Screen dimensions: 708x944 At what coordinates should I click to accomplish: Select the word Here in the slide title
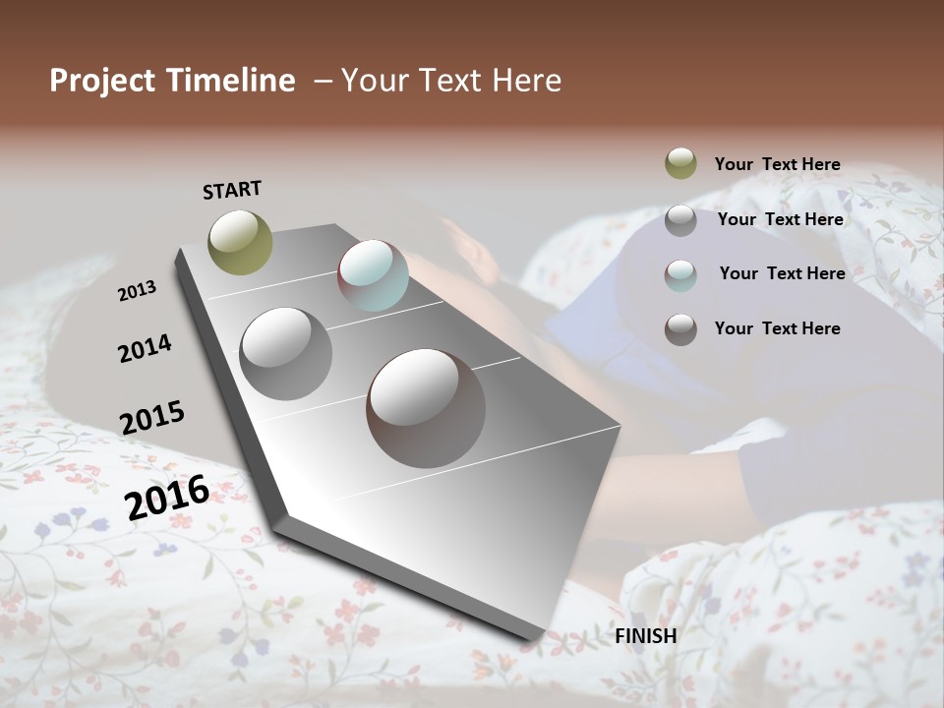coord(528,81)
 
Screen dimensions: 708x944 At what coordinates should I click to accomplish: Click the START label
coord(232,190)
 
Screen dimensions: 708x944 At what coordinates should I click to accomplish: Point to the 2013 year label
coord(137,291)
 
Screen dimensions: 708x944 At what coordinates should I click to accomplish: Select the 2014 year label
coord(145,348)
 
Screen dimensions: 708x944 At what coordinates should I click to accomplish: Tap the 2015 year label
coord(152,418)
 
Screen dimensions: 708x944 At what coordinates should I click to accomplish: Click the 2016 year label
coord(167,498)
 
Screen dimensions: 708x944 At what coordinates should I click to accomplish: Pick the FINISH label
coord(646,636)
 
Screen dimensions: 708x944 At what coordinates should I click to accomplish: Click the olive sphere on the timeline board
coord(240,242)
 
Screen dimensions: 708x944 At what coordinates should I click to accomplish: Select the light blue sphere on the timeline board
coord(373,275)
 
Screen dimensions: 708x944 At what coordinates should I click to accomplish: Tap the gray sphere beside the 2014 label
coord(286,354)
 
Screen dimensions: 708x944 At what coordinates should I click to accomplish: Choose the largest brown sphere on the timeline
coord(426,408)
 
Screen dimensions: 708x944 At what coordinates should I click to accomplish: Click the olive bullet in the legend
coord(680,163)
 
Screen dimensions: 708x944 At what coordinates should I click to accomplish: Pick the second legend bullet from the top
coord(680,220)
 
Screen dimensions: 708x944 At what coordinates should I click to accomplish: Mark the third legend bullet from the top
coord(680,275)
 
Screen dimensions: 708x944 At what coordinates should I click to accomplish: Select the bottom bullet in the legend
coord(680,329)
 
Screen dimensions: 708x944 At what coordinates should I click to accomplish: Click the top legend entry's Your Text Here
coord(777,164)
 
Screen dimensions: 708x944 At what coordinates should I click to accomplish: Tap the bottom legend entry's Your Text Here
coord(777,328)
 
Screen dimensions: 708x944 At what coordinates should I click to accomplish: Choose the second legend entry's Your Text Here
coord(780,219)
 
